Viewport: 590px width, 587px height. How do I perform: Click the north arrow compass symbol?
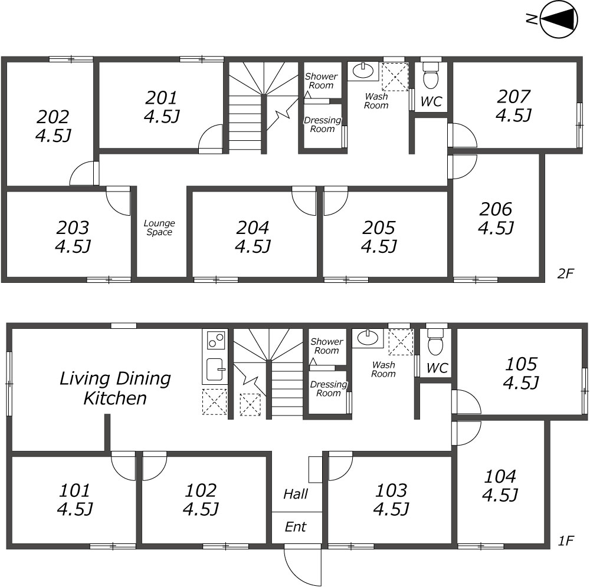pos(558,19)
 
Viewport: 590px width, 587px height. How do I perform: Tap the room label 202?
pos(53,117)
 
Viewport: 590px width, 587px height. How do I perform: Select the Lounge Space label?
pos(159,227)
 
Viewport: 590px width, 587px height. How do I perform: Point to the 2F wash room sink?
pos(362,70)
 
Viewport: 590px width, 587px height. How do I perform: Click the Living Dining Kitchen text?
pos(115,388)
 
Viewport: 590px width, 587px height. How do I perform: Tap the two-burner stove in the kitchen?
pos(215,340)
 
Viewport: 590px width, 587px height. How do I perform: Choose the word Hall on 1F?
pos(296,494)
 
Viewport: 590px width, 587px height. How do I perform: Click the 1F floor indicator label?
pos(565,541)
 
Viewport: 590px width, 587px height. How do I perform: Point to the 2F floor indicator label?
pos(565,273)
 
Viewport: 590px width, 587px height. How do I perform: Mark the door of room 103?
pos(340,466)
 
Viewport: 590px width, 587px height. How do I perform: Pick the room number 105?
pos(521,364)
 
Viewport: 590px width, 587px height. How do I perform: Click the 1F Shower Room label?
pos(327,346)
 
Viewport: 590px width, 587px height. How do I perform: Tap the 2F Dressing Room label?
pos(323,124)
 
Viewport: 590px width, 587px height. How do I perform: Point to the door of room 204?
pos(304,201)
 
